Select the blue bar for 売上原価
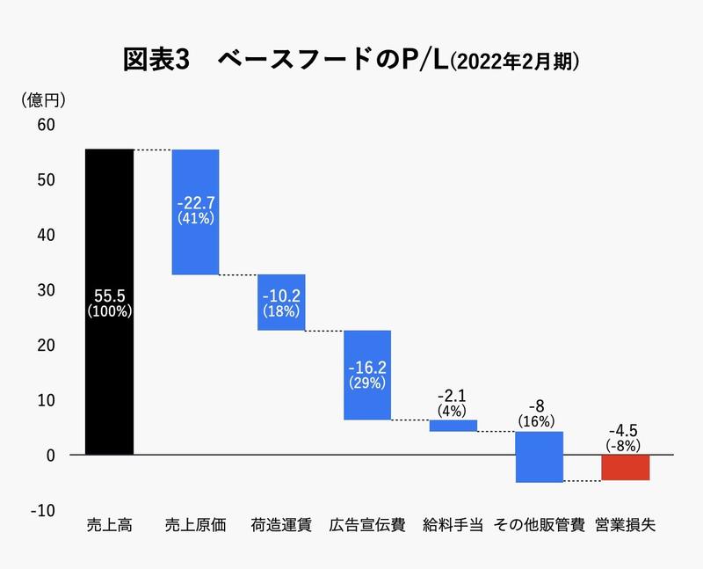click(195, 246)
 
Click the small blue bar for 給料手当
click(453, 426)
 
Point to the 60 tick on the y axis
click(46, 125)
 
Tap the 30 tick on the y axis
click(46, 290)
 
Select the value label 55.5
click(109, 295)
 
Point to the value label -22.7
click(195, 201)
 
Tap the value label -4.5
click(625, 431)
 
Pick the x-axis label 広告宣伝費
click(367, 525)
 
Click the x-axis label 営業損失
click(625, 525)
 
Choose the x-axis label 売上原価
click(195, 525)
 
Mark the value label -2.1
click(453, 397)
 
